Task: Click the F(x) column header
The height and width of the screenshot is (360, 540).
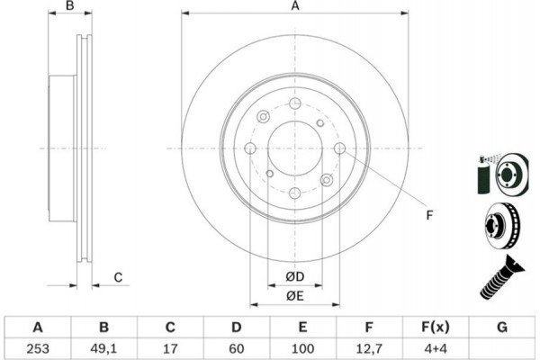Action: tap(436, 326)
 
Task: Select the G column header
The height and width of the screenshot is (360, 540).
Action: tap(501, 326)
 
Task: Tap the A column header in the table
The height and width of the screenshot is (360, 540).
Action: tap(38, 326)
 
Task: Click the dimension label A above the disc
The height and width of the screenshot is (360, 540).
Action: tap(294, 6)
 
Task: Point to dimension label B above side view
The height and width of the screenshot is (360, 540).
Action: tap(71, 6)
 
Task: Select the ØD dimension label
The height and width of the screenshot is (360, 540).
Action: tap(295, 276)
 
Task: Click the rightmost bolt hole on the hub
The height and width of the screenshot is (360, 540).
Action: tap(339, 149)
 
